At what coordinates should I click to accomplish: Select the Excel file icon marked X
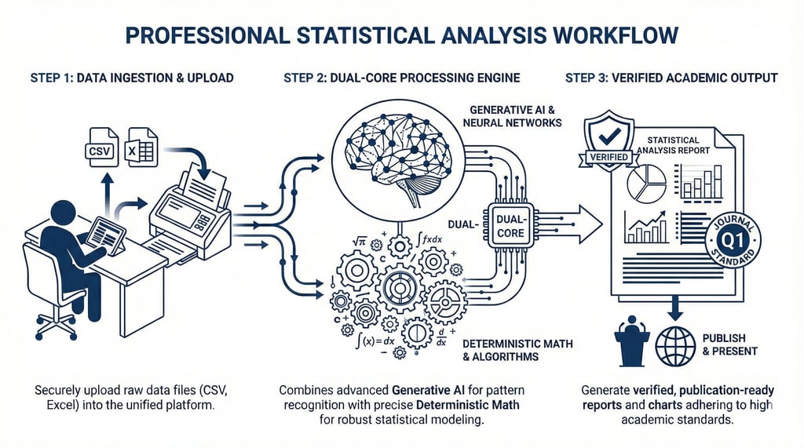(142, 147)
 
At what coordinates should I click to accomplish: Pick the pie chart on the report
(646, 183)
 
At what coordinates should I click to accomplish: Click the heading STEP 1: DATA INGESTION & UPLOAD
(132, 78)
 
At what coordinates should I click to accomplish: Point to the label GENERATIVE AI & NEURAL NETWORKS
(515, 116)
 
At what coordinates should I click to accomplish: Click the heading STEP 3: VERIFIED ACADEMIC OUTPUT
(671, 78)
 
